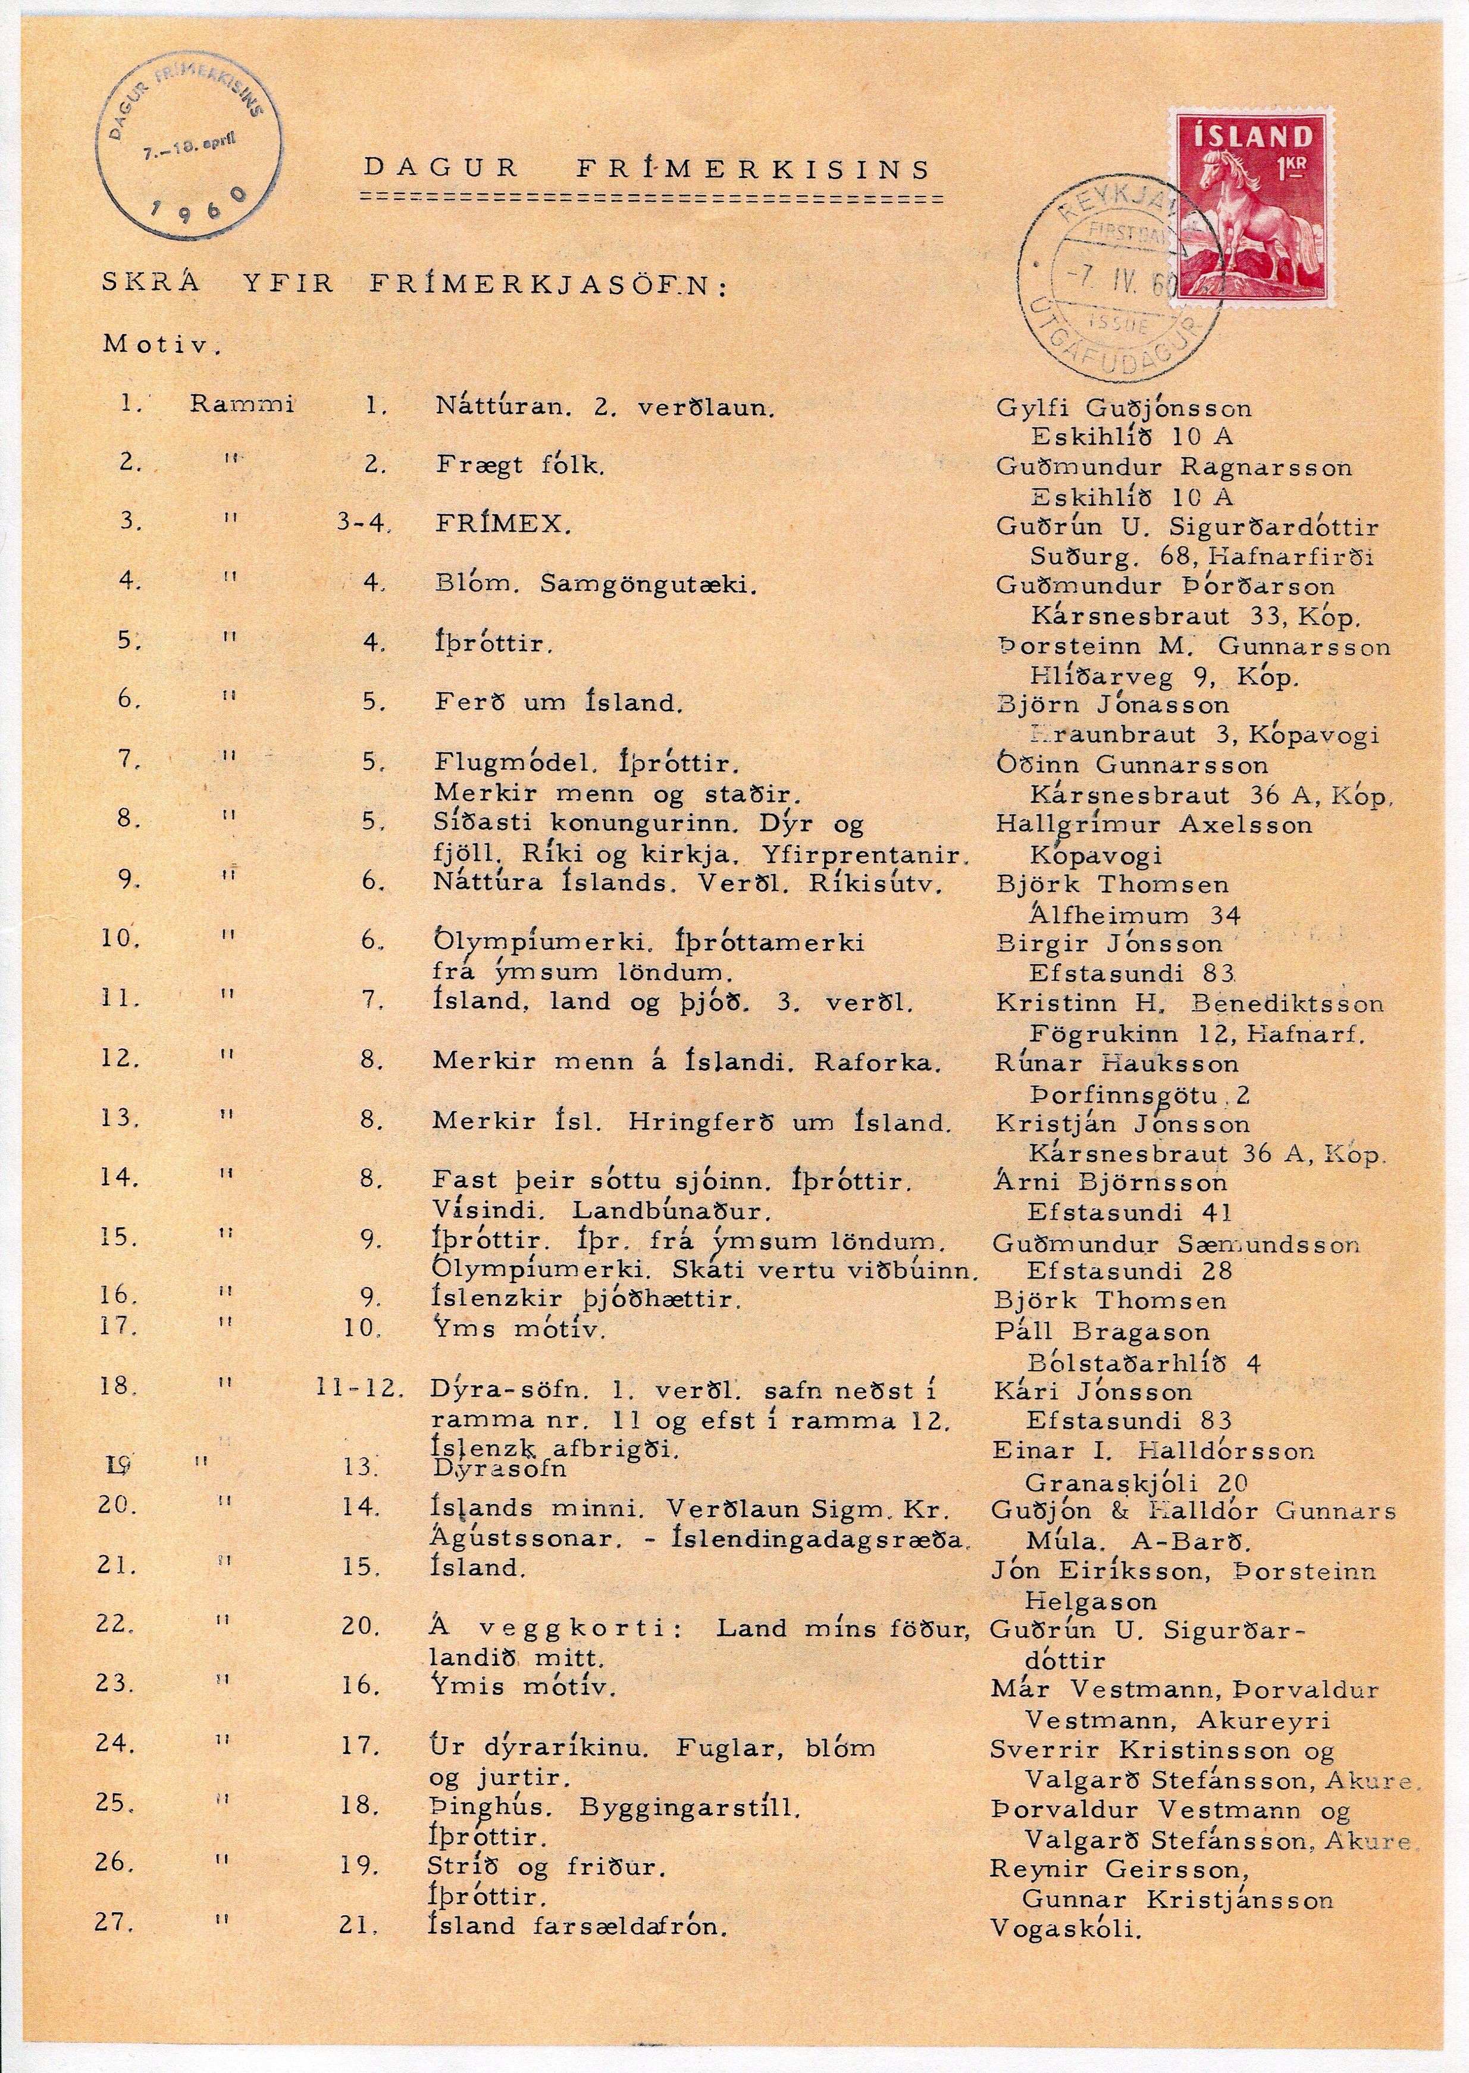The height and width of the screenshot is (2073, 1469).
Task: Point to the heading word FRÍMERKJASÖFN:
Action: [x=547, y=286]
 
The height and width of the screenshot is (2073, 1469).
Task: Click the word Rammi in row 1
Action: [x=242, y=405]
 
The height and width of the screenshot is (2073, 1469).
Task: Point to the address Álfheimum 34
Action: [x=1134, y=915]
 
